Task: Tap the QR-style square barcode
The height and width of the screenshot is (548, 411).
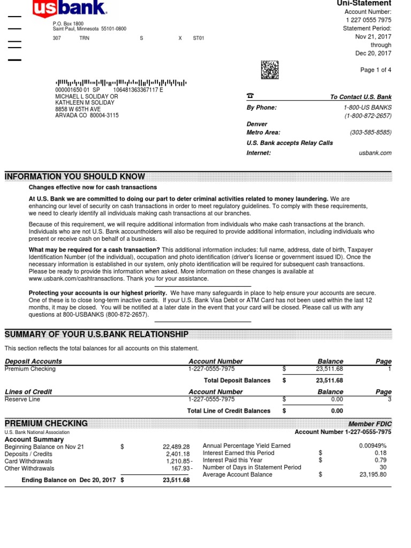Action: click(x=270, y=70)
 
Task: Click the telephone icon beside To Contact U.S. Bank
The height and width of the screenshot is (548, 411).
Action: click(x=250, y=96)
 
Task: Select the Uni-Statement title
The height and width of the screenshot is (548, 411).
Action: click(x=364, y=4)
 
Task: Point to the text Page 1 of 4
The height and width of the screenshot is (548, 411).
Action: click(x=376, y=70)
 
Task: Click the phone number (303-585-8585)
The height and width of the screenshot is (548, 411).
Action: click(x=370, y=132)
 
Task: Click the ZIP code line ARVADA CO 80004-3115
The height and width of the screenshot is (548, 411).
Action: click(x=87, y=116)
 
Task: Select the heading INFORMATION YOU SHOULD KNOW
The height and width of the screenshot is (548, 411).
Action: click(x=75, y=177)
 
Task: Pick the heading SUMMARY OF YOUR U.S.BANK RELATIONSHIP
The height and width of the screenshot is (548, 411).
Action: click(x=96, y=334)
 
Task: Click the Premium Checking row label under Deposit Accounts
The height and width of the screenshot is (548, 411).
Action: click(x=30, y=369)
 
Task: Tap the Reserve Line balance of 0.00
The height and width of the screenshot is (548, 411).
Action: click(x=337, y=399)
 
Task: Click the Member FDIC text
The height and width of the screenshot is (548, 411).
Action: click(x=370, y=424)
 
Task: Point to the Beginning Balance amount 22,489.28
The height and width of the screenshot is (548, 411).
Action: click(x=176, y=446)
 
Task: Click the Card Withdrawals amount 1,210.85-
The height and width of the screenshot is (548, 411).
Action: click(x=178, y=461)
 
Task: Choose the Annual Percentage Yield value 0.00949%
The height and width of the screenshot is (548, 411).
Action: click(x=372, y=445)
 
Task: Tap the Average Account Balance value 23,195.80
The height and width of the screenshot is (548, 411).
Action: click(x=372, y=475)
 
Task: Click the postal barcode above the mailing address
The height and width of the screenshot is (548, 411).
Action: click(x=121, y=82)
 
